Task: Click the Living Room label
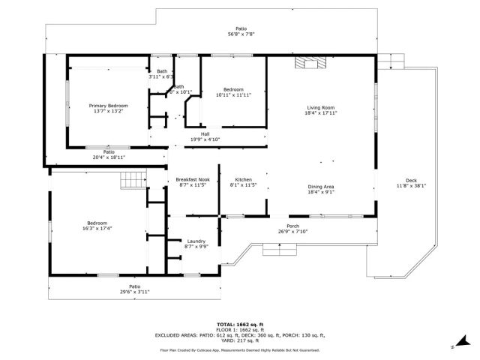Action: [x=320, y=107]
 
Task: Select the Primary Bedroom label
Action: [x=108, y=106]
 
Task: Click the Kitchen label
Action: [x=243, y=179]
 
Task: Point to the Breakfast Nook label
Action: [x=193, y=179]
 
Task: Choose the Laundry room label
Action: [x=196, y=241]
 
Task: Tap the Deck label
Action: [x=411, y=180]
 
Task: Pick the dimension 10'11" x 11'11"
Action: [x=233, y=95]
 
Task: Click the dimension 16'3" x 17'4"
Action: [x=97, y=228]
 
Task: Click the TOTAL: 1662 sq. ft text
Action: [x=239, y=323]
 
